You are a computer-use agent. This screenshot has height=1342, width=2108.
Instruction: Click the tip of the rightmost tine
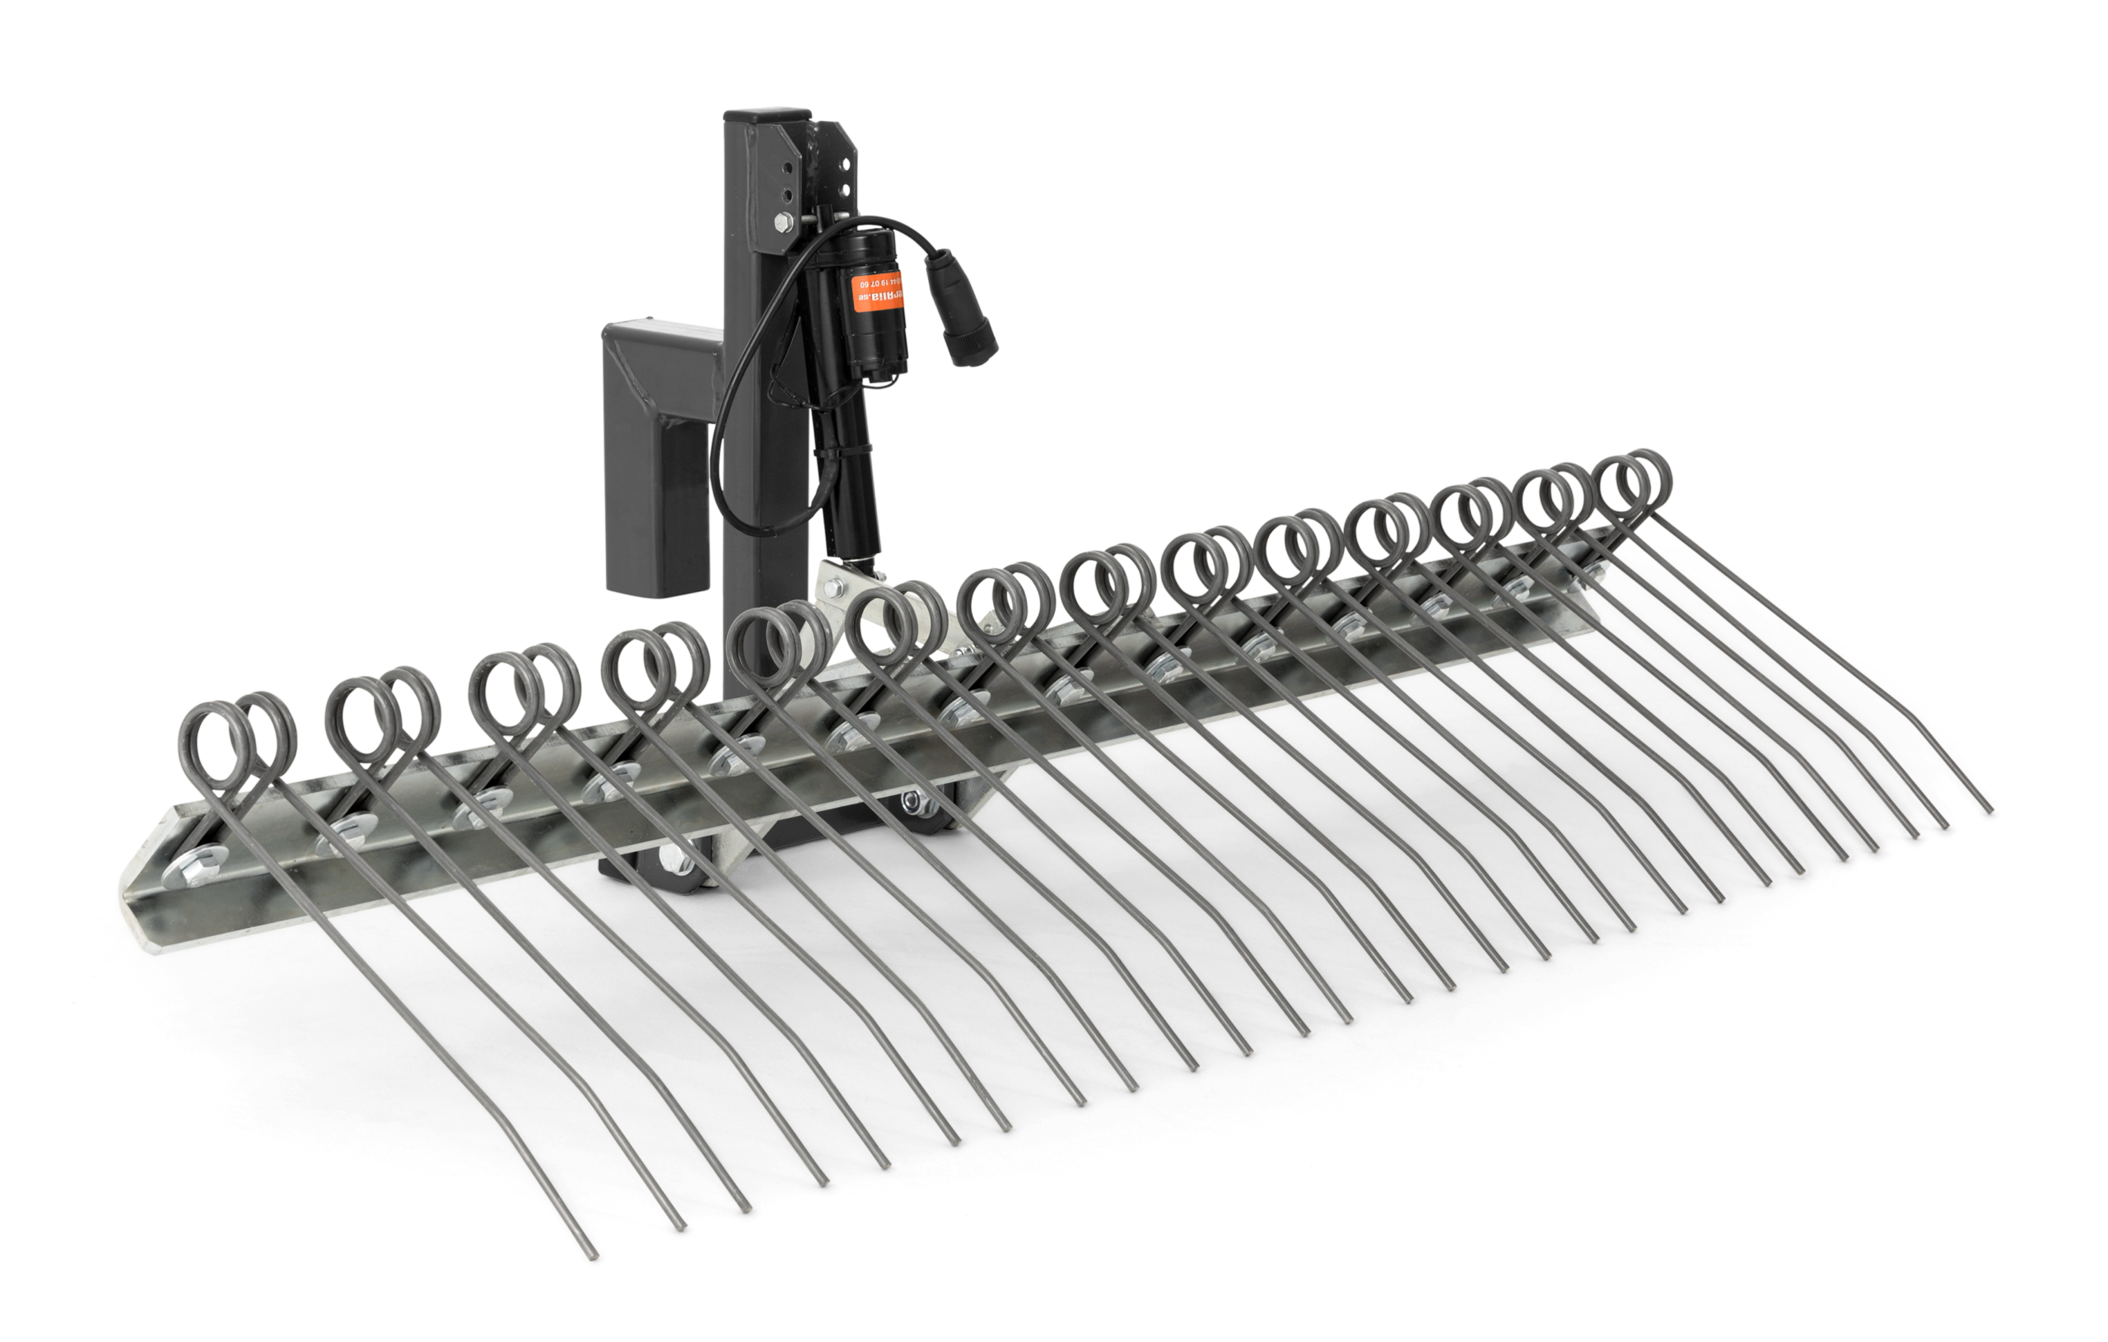click(x=1992, y=810)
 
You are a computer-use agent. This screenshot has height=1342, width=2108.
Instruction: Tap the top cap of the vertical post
click(x=767, y=114)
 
